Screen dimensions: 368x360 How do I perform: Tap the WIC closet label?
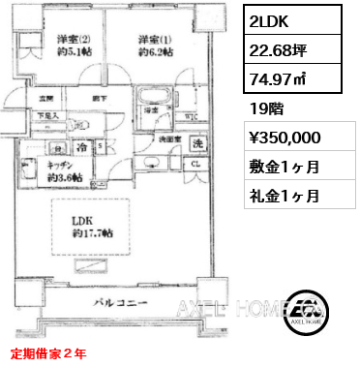191,117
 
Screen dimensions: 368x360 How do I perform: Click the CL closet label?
196,164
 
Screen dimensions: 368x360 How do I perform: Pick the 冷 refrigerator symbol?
84,147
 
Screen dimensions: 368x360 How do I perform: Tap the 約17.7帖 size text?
91,233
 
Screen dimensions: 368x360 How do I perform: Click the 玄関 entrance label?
45,98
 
